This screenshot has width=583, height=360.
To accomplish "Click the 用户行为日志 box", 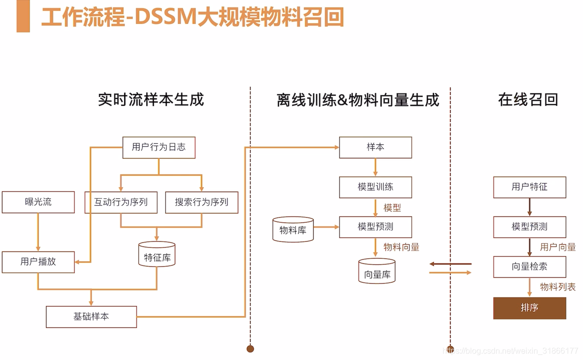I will [x=158, y=147].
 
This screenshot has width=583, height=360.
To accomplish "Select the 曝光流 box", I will [x=38, y=202].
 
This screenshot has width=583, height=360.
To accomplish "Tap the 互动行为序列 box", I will [x=120, y=202].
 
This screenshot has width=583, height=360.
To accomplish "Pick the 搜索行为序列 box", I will [x=201, y=202].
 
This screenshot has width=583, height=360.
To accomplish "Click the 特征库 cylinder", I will [x=156, y=255].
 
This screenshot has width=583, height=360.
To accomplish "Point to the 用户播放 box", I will [x=38, y=262].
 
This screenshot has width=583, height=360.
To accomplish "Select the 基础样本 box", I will [x=91, y=317].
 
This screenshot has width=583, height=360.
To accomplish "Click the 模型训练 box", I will [x=375, y=187].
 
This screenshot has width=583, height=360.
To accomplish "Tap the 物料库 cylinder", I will [x=292, y=230].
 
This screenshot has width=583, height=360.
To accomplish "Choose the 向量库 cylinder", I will [x=376, y=271].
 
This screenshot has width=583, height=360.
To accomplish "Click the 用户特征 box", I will [x=529, y=187].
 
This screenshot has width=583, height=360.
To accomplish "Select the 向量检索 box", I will [x=529, y=267].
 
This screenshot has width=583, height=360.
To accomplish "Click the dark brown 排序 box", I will [x=529, y=308].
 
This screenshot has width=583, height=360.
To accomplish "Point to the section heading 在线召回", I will [x=527, y=99].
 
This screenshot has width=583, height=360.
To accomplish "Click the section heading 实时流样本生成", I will [x=151, y=99].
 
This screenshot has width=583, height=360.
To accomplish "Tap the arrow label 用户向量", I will [x=557, y=246].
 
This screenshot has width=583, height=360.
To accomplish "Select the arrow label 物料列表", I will [x=557, y=287].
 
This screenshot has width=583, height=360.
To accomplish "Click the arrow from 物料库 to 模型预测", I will [x=326, y=227].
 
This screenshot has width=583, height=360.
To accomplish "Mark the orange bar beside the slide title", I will [x=23, y=16].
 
